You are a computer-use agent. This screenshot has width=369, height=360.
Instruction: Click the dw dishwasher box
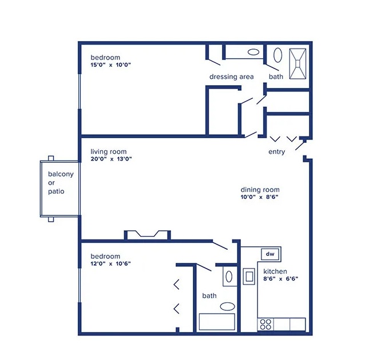[x=270, y=254]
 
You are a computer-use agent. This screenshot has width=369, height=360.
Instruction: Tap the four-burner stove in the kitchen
[x=265, y=324]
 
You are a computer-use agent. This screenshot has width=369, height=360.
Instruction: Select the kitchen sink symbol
[x=249, y=277]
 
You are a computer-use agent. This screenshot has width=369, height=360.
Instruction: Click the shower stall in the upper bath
[x=297, y=63]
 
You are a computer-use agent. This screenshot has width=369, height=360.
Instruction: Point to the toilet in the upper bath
[x=277, y=55]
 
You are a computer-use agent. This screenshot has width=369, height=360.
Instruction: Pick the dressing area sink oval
[x=253, y=52]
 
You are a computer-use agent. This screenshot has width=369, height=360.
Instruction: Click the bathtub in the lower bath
[x=217, y=322]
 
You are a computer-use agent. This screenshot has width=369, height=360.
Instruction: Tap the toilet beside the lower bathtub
[x=227, y=306]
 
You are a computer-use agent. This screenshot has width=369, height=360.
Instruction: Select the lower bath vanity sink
[x=229, y=277]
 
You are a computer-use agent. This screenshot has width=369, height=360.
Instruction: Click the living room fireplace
[x=148, y=235]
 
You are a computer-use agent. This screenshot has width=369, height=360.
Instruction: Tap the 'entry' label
[x=276, y=152]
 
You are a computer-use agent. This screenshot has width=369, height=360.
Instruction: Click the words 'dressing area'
[x=231, y=77]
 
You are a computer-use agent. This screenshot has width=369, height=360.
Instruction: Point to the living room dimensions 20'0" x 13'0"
[x=111, y=159]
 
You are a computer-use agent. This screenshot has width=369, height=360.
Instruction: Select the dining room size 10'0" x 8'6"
[x=259, y=197]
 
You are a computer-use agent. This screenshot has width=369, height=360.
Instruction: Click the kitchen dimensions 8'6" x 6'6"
[x=280, y=279]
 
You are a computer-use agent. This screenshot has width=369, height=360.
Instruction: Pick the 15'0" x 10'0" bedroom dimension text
[x=110, y=65]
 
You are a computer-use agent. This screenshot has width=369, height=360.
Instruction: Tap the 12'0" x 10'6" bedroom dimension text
[x=110, y=263]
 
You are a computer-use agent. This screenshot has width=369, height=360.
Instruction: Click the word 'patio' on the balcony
[x=56, y=191]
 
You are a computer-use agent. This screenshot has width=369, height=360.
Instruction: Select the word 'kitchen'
[x=275, y=271]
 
